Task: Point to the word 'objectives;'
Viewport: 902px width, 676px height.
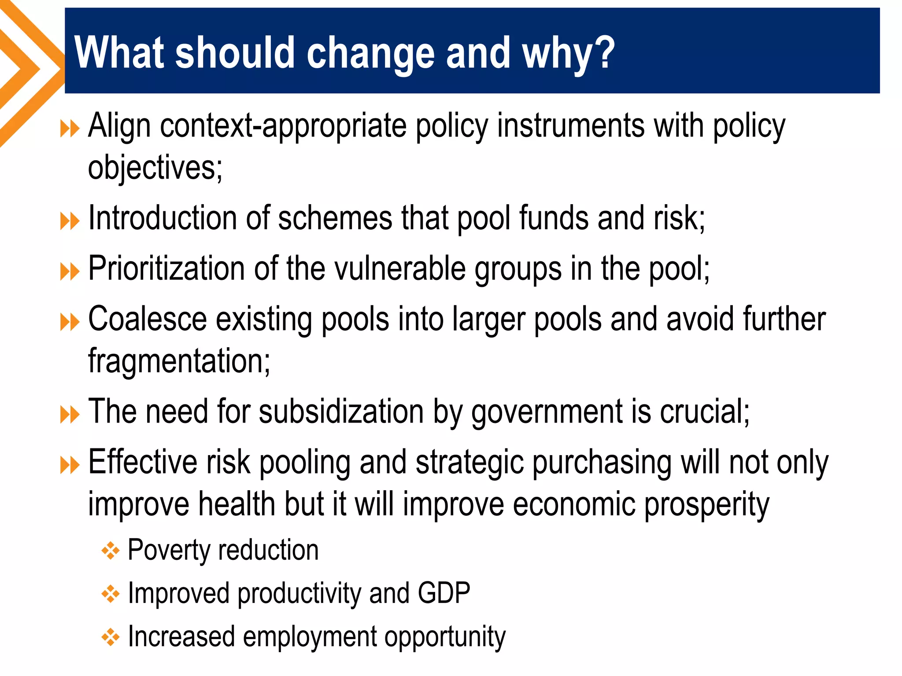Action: pos(155,168)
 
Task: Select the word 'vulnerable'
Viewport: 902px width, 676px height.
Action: pos(400,268)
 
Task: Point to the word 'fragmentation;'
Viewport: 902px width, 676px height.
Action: pos(179,361)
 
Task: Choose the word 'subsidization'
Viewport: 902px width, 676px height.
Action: pos(341,412)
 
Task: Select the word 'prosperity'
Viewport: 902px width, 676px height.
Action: pos(706,504)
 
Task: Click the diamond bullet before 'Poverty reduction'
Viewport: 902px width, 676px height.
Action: pos(110,551)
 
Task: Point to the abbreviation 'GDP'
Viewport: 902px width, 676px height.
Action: pos(444,593)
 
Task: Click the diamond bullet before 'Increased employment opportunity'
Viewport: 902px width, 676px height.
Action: pos(110,637)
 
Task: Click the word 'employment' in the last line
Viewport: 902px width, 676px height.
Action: pos(310,637)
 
